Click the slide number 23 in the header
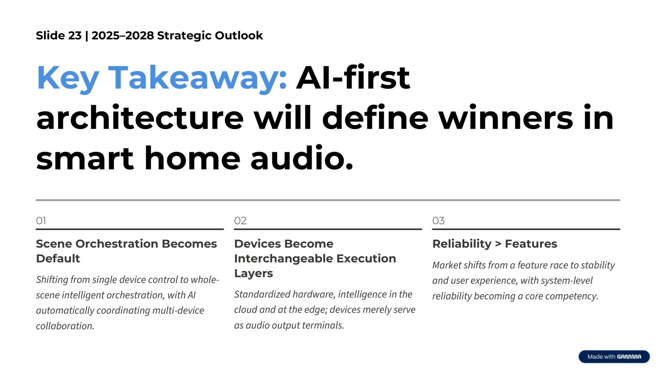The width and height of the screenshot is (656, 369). (75, 36)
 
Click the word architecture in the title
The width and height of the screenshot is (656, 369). (140, 118)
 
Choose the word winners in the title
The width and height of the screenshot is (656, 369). (506, 118)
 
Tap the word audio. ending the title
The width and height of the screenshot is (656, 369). (302, 159)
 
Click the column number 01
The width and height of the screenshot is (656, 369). (41, 221)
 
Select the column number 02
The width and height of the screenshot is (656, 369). (240, 221)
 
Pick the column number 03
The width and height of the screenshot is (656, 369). (438, 221)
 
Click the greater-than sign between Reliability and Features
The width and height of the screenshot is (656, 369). (498, 244)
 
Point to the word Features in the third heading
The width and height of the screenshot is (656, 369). (531, 244)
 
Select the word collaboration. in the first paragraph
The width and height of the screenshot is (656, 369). (65, 326)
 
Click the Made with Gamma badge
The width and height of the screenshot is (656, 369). (614, 357)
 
